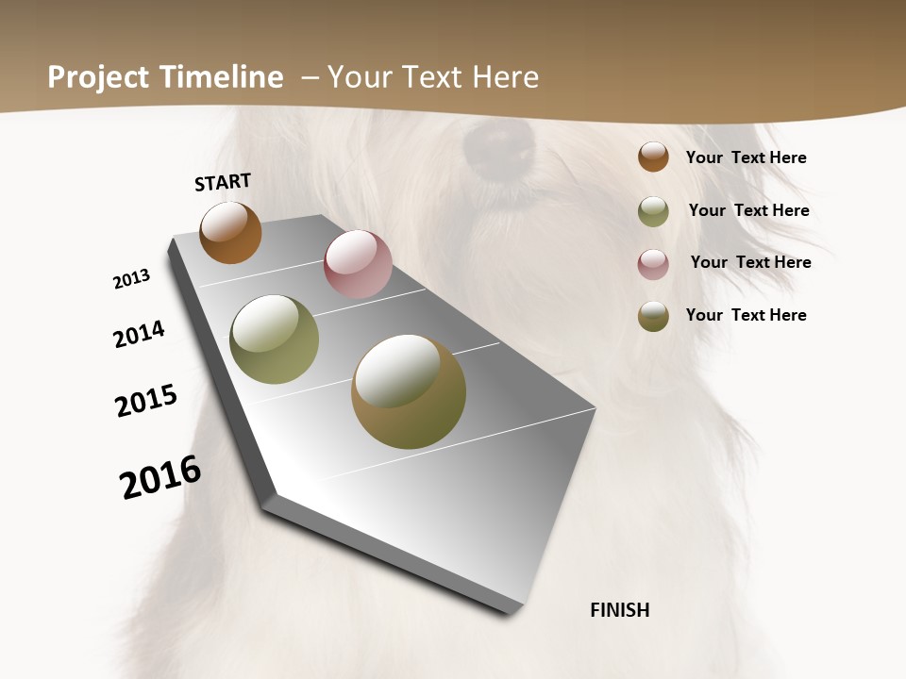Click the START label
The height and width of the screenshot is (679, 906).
223,182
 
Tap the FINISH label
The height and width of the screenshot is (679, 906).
620,610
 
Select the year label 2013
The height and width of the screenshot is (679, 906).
131,279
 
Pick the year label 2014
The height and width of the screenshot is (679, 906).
139,334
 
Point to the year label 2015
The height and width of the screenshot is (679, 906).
146,401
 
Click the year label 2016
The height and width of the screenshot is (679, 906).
160,476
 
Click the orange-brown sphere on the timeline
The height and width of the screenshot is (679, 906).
230,232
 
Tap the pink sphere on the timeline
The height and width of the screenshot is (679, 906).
358,264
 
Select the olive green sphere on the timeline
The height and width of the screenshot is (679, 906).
274,339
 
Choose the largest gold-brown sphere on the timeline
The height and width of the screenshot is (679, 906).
409,391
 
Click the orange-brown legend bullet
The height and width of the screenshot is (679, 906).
653,157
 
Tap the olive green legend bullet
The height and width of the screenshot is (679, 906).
653,211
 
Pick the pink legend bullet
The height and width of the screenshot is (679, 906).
653,264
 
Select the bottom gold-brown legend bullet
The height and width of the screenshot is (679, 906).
653,316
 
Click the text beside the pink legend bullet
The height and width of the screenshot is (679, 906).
750,262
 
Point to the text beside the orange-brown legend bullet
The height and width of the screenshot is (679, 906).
746,157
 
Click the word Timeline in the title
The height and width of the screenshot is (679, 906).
222,77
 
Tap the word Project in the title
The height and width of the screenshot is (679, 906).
99,77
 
